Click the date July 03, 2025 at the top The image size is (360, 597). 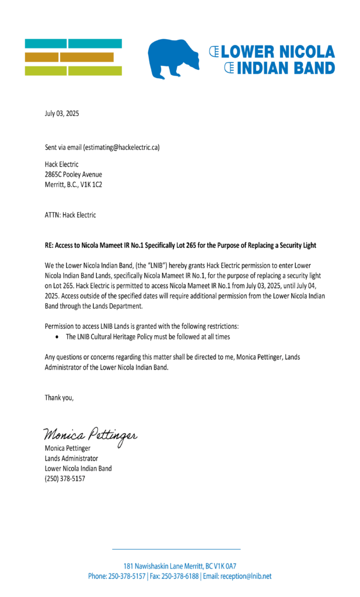coord(62,114)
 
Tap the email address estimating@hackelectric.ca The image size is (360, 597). coord(121,148)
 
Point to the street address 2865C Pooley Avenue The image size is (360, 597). coord(74,174)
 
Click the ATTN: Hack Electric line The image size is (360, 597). coord(71,215)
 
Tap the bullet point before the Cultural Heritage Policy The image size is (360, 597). coord(56,337)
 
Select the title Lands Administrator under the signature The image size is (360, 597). coord(71,458)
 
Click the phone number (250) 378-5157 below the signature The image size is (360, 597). coord(65,479)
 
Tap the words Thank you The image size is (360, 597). coord(60,398)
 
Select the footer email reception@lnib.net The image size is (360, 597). coord(245,576)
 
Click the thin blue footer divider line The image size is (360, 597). coord(176,549)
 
